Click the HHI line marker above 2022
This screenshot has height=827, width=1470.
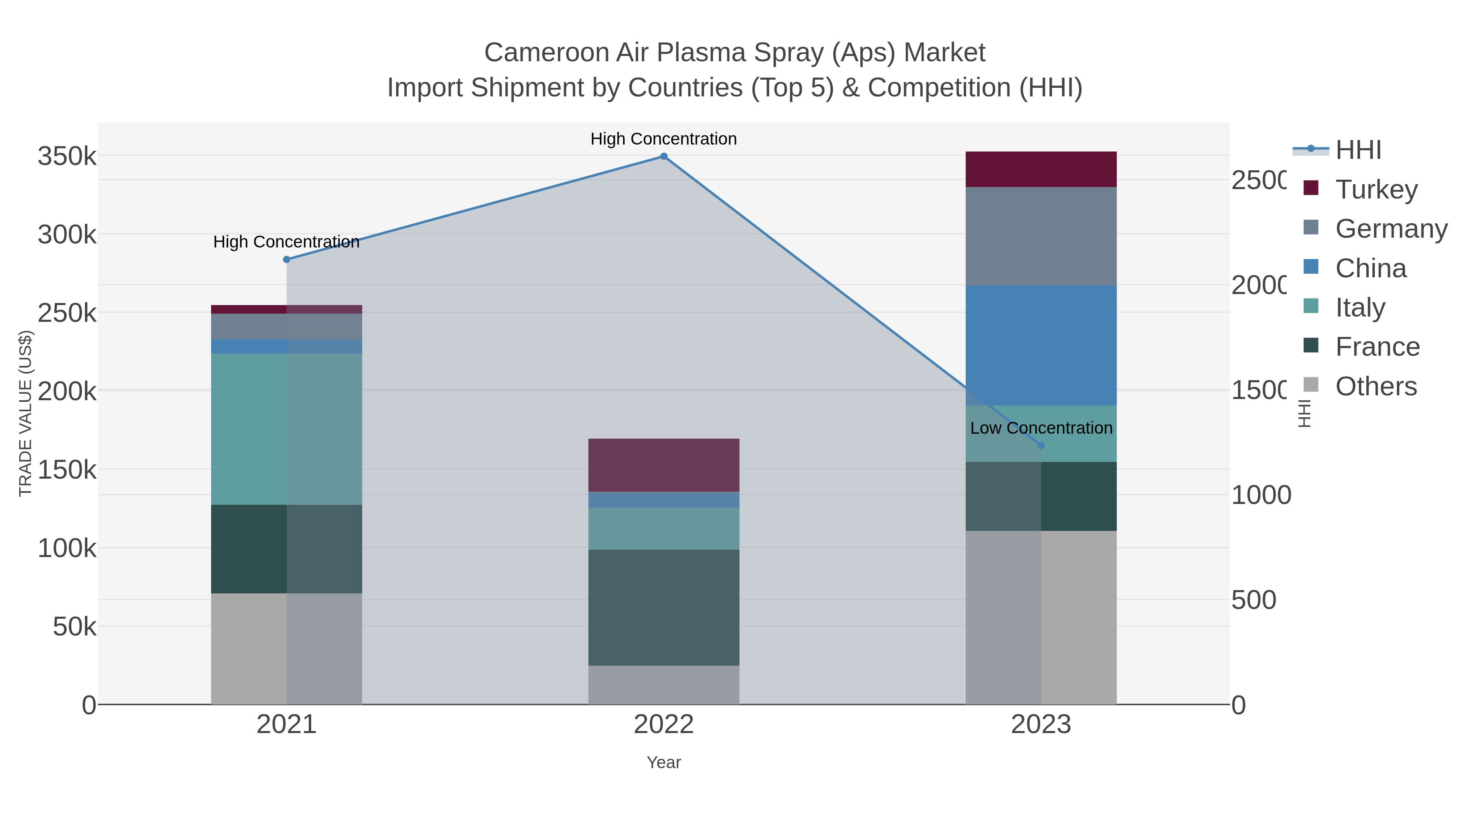tap(664, 156)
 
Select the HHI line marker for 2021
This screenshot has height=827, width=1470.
tap(287, 260)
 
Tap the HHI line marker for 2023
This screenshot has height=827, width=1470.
tap(1041, 446)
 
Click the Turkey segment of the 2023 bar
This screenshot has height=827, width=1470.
tap(1041, 169)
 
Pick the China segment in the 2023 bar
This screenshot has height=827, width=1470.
tap(1041, 345)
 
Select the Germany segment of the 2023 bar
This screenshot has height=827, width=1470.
tap(1041, 236)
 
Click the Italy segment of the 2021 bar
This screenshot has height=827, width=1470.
tap(287, 429)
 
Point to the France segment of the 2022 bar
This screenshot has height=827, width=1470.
tap(664, 607)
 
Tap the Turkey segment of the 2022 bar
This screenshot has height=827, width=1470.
tap(664, 465)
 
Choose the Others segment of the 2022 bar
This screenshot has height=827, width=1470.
tap(664, 685)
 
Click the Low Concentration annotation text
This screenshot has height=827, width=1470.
tap(1041, 428)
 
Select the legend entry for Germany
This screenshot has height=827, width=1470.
tap(1391, 229)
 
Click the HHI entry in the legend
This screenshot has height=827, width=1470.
tap(1358, 150)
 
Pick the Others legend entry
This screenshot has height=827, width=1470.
tap(1376, 386)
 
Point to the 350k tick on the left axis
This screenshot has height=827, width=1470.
tap(67, 156)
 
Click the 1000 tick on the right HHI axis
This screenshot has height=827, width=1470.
tap(1261, 495)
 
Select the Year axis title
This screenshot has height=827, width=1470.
tap(664, 762)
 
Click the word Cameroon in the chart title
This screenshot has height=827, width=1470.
tap(545, 53)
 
